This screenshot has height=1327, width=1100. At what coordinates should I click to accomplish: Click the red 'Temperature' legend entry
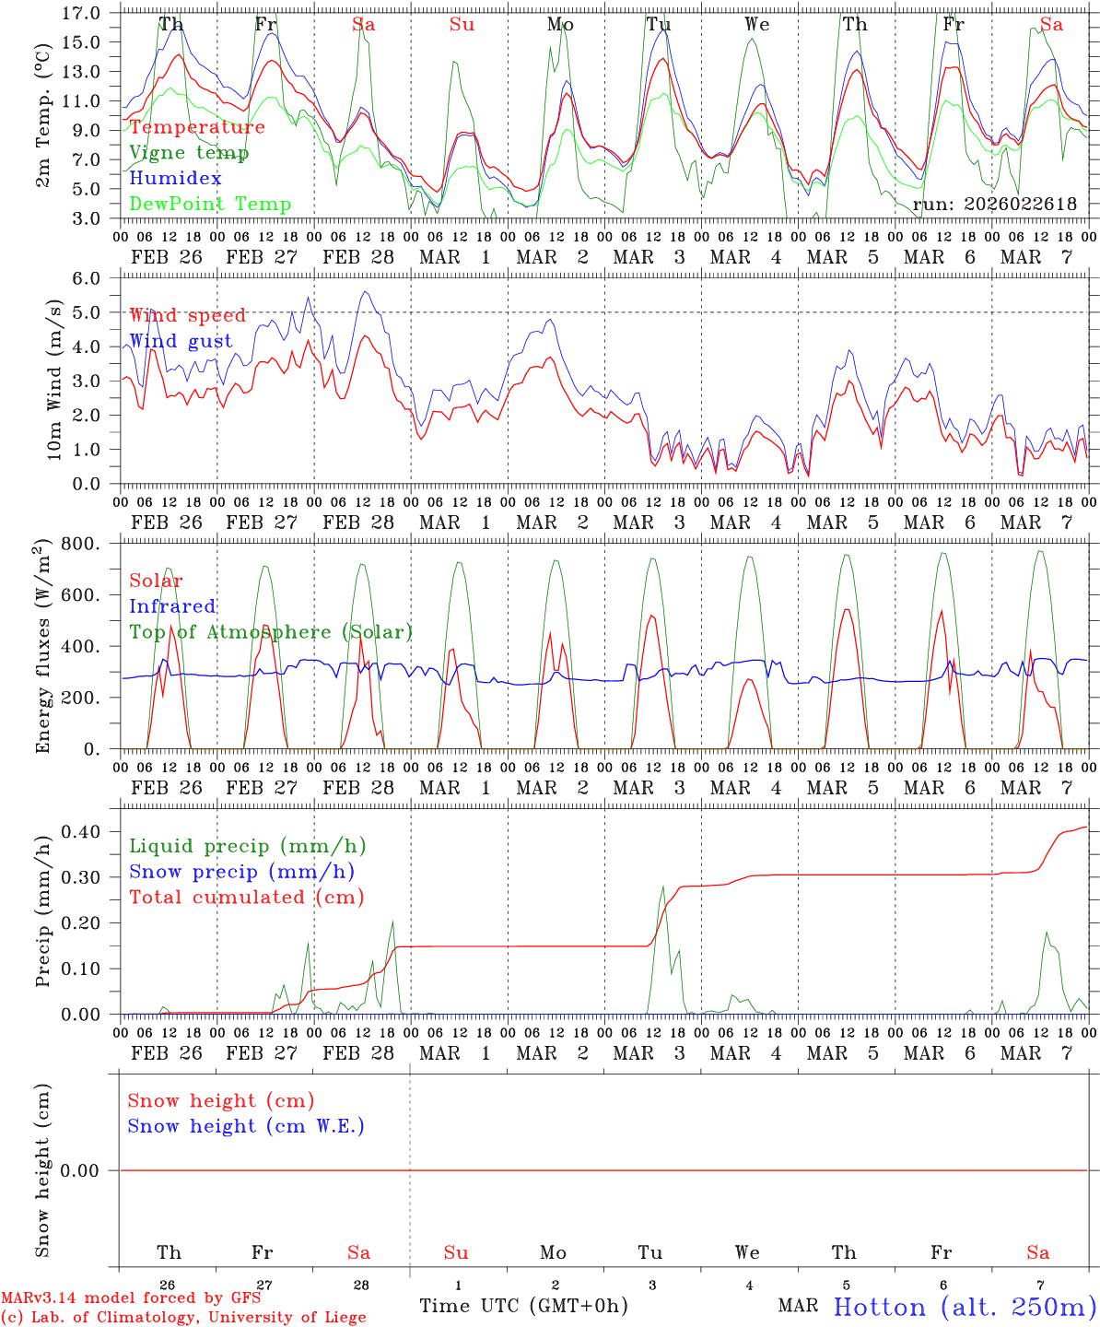[x=197, y=127]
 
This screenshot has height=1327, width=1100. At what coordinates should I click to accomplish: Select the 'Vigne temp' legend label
[x=189, y=153]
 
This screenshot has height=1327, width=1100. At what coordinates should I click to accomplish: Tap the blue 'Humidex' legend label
[x=175, y=179]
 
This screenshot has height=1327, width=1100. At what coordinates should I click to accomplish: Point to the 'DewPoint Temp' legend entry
[x=210, y=205]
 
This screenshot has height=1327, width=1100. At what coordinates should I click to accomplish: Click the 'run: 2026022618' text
[x=994, y=205]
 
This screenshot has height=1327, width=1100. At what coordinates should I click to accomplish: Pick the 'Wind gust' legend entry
[x=181, y=341]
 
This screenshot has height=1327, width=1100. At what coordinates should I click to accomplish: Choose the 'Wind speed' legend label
[x=187, y=315]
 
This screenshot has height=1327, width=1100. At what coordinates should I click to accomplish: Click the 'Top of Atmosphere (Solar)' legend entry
[x=270, y=632]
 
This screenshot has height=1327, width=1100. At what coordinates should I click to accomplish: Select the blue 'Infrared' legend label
[x=172, y=606]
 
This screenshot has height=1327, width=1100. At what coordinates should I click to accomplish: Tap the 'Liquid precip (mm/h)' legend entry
[x=247, y=846]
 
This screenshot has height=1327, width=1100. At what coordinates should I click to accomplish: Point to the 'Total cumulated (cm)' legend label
[x=246, y=897]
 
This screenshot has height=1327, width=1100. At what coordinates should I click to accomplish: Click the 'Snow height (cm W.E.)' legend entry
[x=246, y=1126]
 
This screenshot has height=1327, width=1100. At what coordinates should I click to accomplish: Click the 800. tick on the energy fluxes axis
[x=81, y=544]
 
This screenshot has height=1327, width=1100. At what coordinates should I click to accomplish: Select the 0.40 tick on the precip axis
[x=79, y=831]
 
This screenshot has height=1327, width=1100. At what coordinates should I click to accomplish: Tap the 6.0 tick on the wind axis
[x=85, y=278]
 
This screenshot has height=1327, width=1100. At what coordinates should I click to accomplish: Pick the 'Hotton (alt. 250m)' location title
[x=964, y=1307]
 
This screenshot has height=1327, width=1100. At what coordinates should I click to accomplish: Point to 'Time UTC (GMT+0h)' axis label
[x=523, y=1306]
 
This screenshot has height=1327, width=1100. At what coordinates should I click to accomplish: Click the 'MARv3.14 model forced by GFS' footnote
[x=131, y=1298]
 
